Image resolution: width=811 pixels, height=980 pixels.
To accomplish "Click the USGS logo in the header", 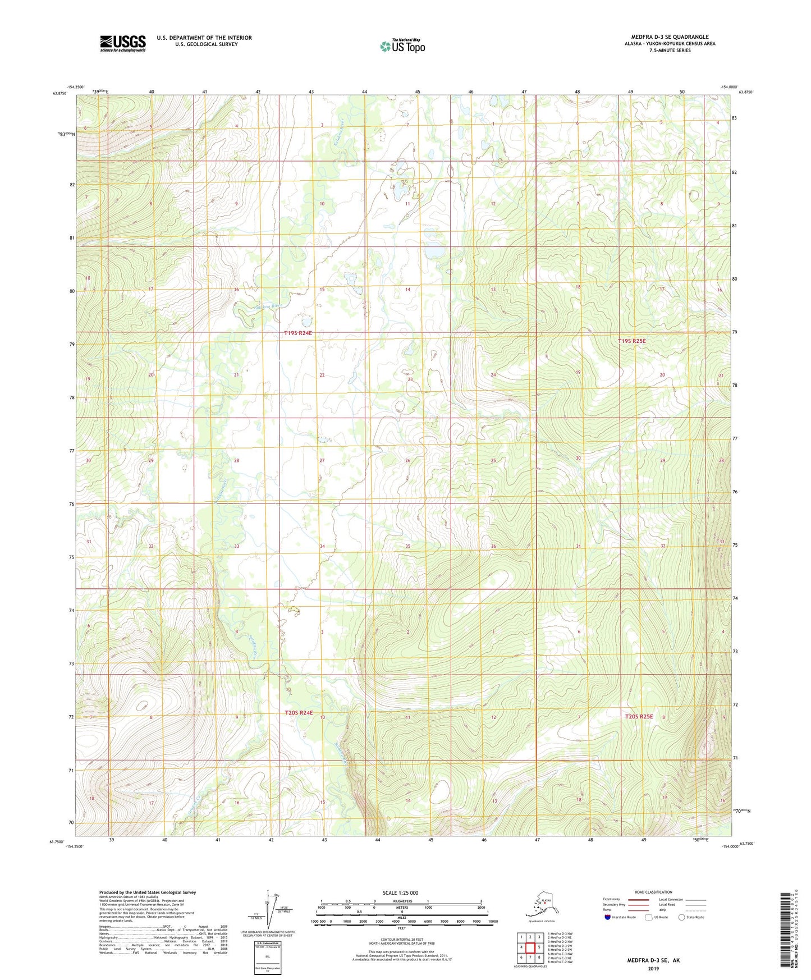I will (x=122, y=43).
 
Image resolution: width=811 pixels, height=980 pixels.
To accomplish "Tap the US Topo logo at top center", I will (x=402, y=46).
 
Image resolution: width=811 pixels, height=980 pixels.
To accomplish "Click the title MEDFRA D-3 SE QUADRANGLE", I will (x=670, y=37).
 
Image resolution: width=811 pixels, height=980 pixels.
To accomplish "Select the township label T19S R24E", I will (x=297, y=333).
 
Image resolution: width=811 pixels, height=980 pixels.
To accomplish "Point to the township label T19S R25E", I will (x=632, y=341).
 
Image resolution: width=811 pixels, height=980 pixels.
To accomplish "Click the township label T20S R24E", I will (x=298, y=712).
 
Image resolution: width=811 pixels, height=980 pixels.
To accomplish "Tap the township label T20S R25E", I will (x=639, y=716).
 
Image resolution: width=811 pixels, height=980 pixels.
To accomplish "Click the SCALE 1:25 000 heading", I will (x=400, y=892).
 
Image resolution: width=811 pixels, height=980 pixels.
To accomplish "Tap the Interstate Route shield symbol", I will (x=607, y=917).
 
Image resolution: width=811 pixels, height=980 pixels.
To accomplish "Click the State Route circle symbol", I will (x=681, y=917).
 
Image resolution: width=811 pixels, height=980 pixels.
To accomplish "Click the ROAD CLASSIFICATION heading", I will (x=653, y=892).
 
